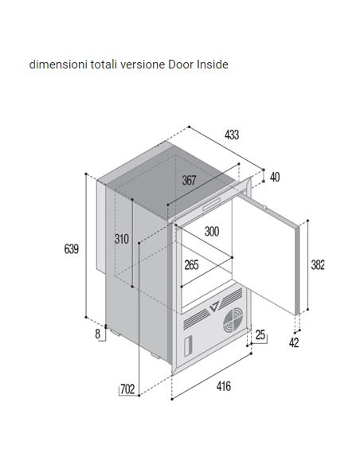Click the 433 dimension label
(x=232, y=135)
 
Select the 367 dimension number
(x=189, y=180)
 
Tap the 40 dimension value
(x=275, y=177)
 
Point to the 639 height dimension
(x=72, y=248)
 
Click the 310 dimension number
(x=122, y=239)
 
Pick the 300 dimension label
(x=212, y=232)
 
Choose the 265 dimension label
(x=192, y=265)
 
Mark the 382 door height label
(x=318, y=265)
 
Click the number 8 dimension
(x=98, y=334)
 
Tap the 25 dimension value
(x=260, y=334)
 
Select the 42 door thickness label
(x=294, y=343)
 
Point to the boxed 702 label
(x=127, y=389)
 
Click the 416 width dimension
(x=224, y=386)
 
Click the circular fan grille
(x=233, y=320)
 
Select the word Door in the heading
(x=181, y=64)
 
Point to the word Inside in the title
(x=213, y=64)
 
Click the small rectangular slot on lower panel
(x=188, y=346)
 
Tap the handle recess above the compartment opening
(x=211, y=204)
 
